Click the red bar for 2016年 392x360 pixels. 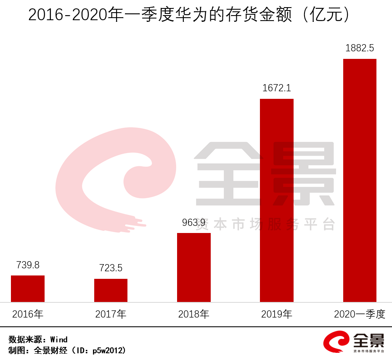28,289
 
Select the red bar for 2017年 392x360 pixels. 111,290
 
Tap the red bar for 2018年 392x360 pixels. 193,267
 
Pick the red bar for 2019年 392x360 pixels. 276,200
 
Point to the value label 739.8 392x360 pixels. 28,265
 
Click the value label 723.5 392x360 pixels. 111,268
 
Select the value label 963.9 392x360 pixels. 193,222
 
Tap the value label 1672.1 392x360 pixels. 276,88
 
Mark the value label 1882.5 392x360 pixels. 360,48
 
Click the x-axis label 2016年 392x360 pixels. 28,314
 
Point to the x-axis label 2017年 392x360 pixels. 111,314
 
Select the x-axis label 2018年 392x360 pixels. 193,314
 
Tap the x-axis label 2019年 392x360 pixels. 276,314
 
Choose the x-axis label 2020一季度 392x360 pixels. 360,314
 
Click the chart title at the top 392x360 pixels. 189,16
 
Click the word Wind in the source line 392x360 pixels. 59,339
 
